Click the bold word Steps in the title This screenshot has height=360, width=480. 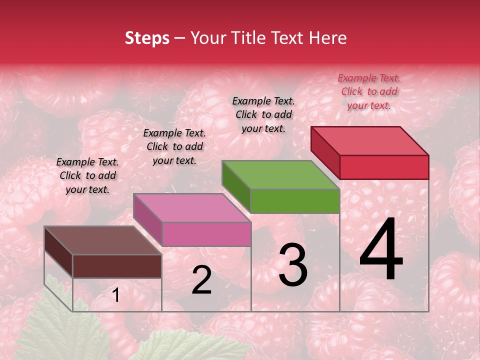(147, 38)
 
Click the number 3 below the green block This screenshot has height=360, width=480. (292, 265)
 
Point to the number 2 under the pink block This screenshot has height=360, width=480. (201, 280)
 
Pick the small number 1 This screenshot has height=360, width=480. (116, 295)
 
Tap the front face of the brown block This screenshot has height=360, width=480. (117, 266)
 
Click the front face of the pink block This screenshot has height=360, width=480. (206, 234)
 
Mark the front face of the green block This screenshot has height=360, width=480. (295, 201)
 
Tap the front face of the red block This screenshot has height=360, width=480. (384, 167)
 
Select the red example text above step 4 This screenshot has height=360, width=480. (369, 91)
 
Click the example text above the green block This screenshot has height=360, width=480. (263, 114)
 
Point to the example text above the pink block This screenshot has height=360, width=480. (174, 146)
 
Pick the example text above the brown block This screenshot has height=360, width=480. (87, 175)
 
